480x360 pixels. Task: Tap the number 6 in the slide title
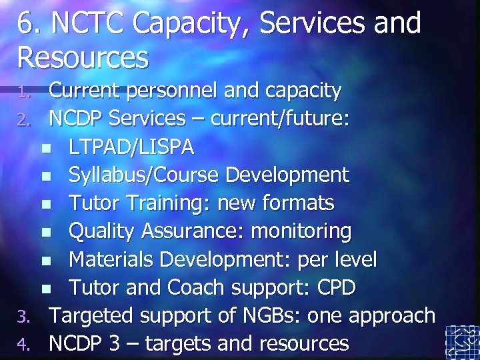[x=25, y=23]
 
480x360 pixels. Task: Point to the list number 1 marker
[x=25, y=91]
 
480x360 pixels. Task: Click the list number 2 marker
[x=25, y=120]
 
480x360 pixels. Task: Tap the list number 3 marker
[x=25, y=316]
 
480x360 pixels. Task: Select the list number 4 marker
[x=25, y=345]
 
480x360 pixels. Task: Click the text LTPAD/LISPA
[x=131, y=147]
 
